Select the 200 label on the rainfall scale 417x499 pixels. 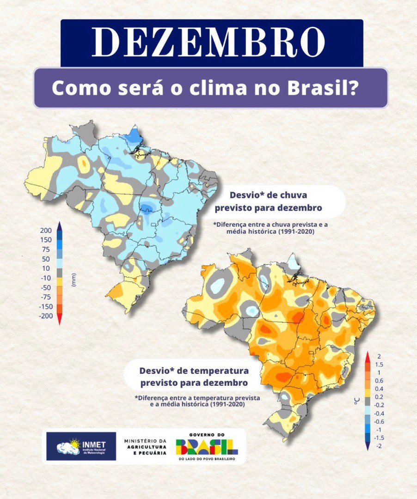46,231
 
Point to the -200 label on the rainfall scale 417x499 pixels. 46,316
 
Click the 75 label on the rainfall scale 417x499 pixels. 46,249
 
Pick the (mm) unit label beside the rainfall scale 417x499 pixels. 74,280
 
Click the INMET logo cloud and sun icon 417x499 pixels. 68,446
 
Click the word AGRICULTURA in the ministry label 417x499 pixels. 146,447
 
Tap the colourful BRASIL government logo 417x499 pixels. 207,447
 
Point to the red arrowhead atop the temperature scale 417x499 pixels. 367,356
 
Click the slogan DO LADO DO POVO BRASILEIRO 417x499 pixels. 207,459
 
